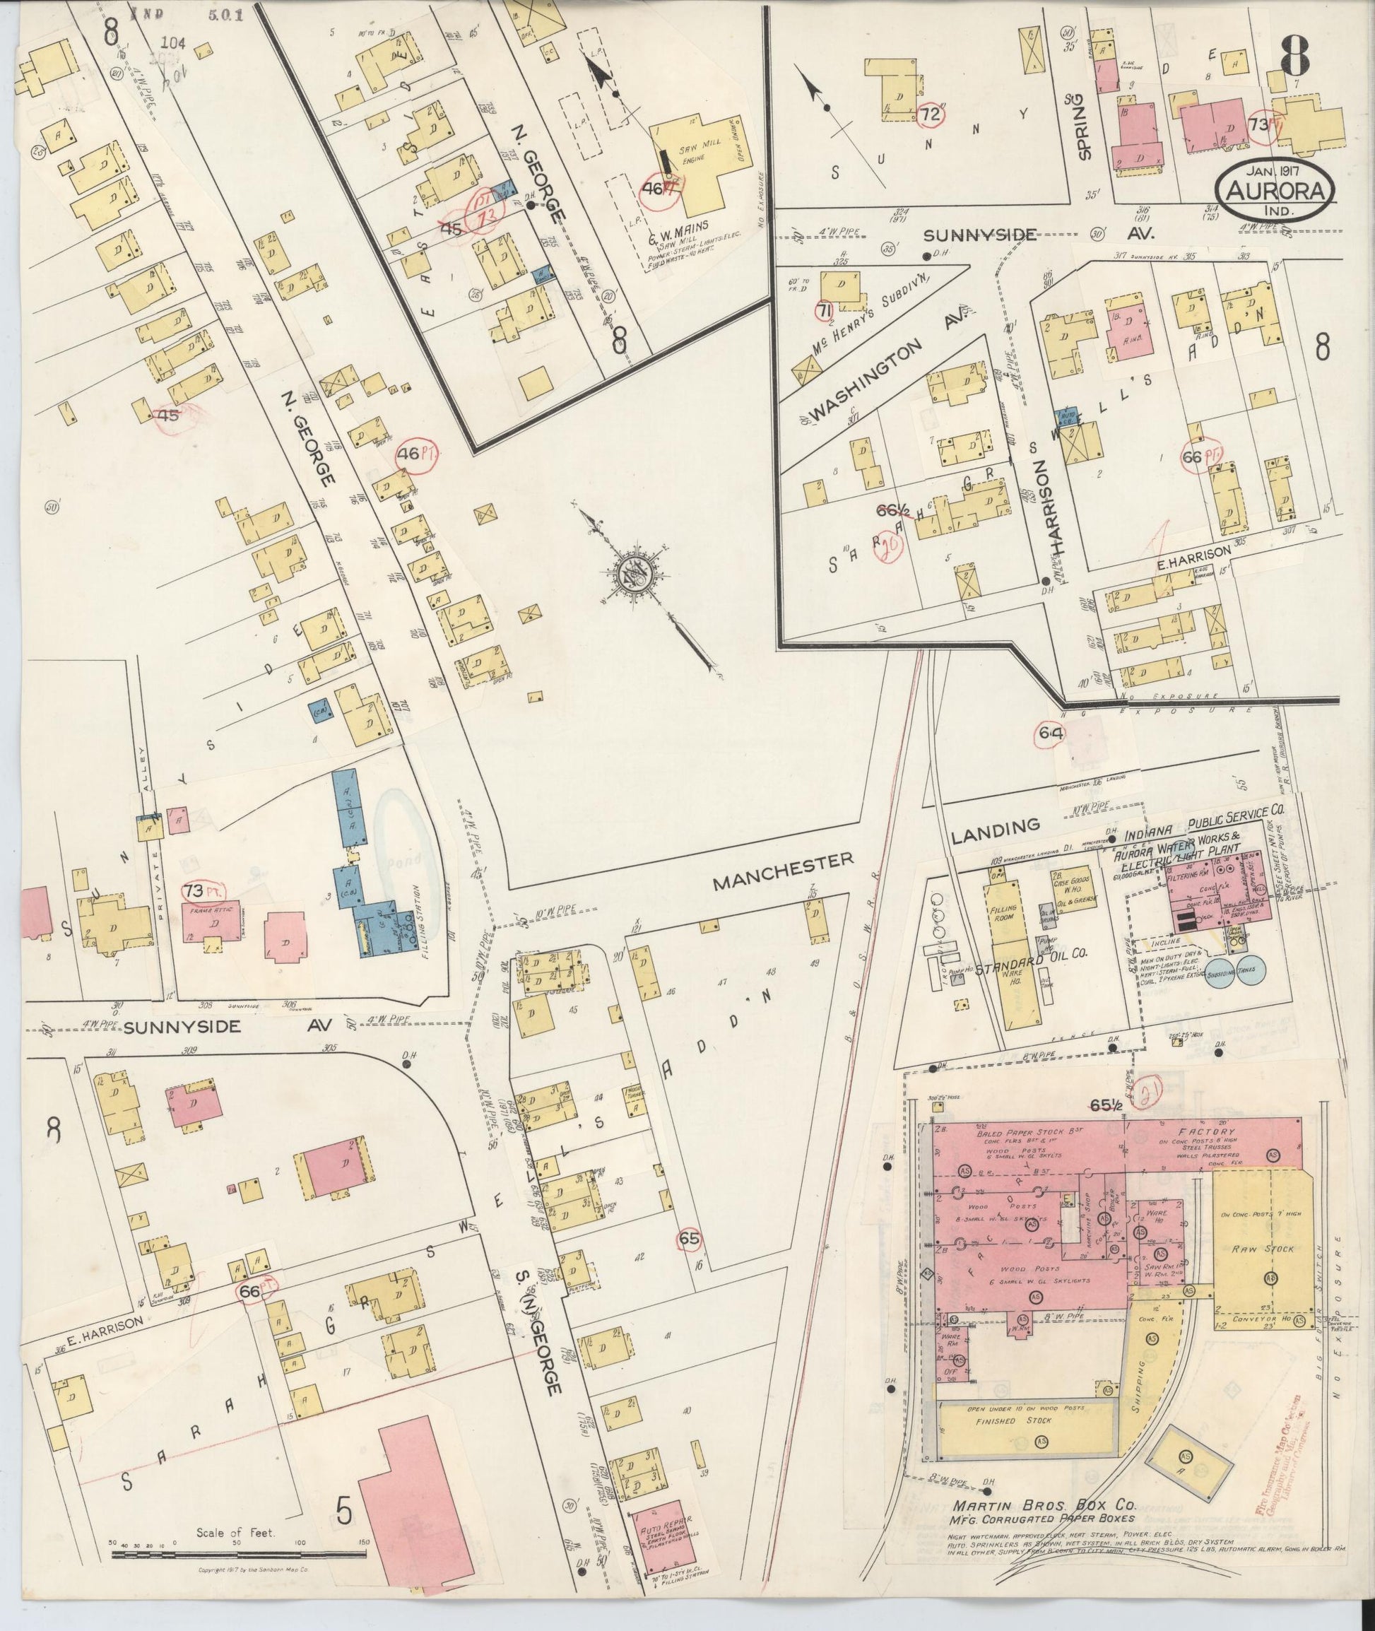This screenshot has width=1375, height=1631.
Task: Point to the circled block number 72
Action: point(929,114)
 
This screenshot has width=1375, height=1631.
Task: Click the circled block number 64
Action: point(1051,732)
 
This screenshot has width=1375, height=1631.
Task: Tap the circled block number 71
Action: point(823,311)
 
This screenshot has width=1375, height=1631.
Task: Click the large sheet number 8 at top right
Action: point(1292,52)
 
